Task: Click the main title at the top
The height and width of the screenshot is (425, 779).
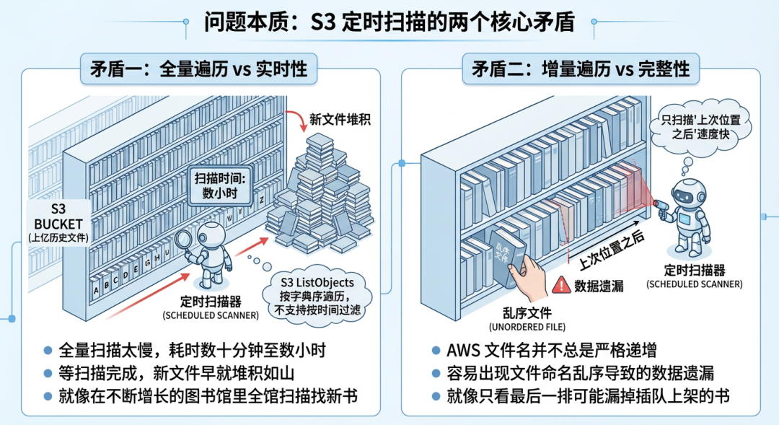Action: pyautogui.click(x=389, y=21)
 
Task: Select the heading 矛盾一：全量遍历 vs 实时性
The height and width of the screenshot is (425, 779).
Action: pyautogui.click(x=198, y=69)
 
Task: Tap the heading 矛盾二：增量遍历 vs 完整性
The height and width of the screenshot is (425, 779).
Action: pyautogui.click(x=581, y=69)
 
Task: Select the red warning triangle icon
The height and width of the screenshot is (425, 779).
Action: pyautogui.click(x=560, y=286)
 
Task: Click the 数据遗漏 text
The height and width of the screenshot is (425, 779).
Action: pyautogui.click(x=598, y=286)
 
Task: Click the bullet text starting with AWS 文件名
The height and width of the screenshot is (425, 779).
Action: pyautogui.click(x=551, y=351)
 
